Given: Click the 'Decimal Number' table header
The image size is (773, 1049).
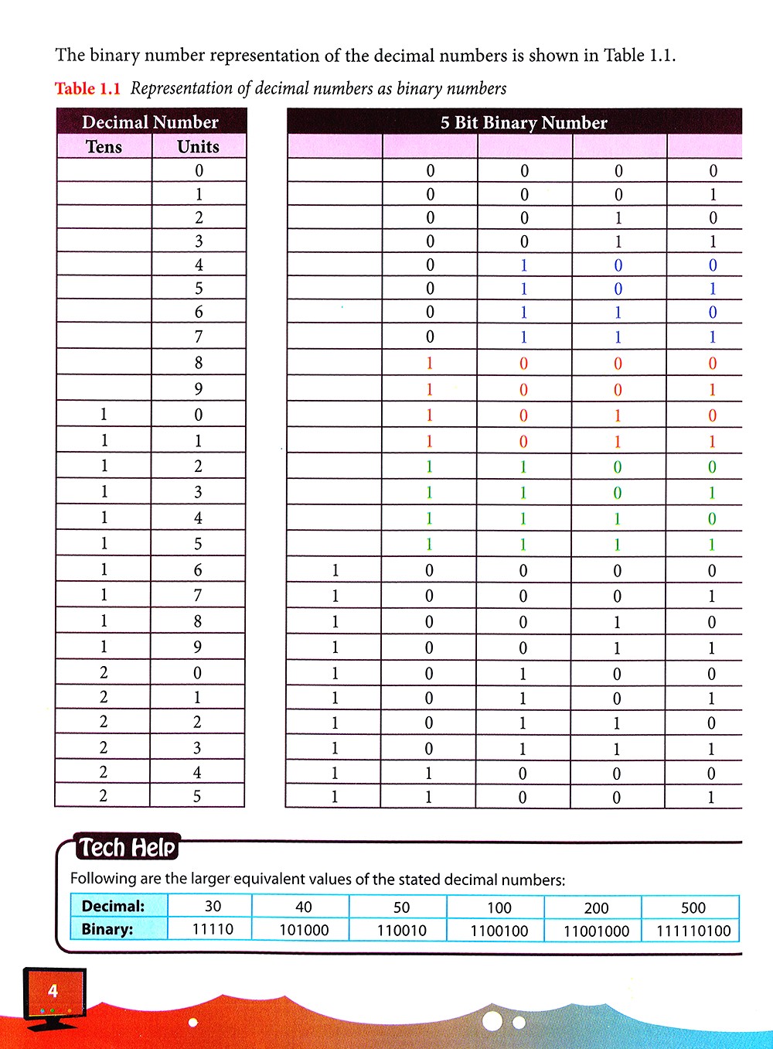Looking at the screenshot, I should point(151,122).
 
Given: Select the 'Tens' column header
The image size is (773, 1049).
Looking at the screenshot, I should point(104,147).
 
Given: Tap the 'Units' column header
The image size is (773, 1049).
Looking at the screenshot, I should point(199,147).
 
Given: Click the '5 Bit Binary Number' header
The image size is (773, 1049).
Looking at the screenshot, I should point(523,123).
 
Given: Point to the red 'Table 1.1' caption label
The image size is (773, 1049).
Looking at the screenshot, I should point(87,89).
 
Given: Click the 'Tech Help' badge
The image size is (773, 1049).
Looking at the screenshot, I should point(128,848).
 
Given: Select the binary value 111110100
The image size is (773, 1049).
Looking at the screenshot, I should point(693,931).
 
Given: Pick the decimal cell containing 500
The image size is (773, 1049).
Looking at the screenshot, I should point(693,907).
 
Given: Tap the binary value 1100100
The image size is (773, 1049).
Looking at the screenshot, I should point(499,931).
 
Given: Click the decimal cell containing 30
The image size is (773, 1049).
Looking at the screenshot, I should point(213,907).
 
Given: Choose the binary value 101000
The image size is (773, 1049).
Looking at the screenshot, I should point(304,930).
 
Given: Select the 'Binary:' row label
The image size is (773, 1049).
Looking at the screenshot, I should point(107,929).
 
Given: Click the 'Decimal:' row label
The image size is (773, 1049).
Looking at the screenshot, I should point(113,906).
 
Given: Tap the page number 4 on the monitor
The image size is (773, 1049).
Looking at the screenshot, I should point(53,991).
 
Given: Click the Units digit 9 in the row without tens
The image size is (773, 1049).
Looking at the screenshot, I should point(199,388).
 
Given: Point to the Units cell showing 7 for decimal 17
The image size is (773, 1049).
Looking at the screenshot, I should point(198,595).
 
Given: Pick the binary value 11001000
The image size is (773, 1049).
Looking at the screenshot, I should point(597,931).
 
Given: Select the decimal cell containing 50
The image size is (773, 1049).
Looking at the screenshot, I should point(402,907).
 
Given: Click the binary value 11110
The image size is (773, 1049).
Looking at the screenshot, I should point(213,929).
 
